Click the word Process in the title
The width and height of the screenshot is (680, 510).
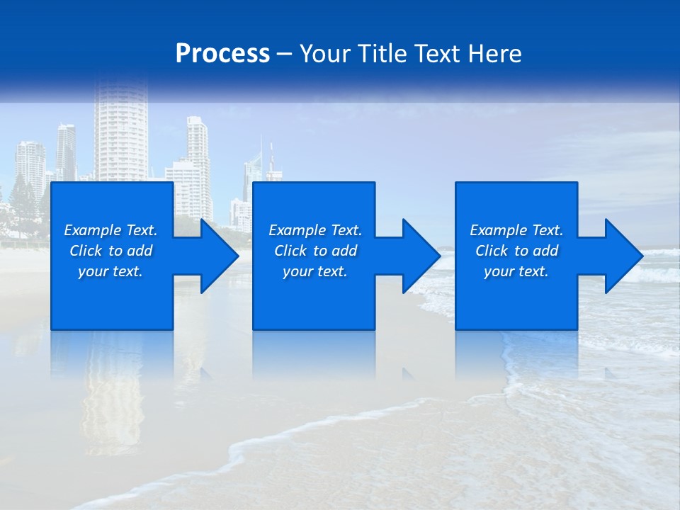click(222, 54)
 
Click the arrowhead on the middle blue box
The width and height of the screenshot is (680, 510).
click(420, 256)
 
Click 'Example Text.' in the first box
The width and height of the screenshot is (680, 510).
click(110, 230)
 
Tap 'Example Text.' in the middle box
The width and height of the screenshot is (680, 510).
click(315, 230)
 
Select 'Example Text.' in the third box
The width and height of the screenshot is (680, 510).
click(516, 230)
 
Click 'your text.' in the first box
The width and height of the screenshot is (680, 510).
click(110, 271)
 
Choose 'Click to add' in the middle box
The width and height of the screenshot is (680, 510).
click(315, 251)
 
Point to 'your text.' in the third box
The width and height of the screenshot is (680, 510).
click(516, 271)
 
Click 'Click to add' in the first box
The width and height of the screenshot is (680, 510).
click(110, 251)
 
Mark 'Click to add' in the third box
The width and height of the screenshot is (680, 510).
click(516, 251)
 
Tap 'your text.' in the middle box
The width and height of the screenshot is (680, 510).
click(315, 271)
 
